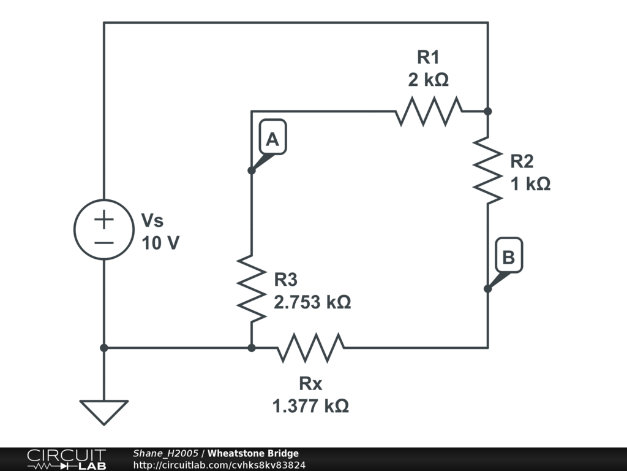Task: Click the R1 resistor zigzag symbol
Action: tap(429, 112)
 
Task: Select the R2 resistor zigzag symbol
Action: tap(488, 170)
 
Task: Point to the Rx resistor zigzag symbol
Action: tap(310, 347)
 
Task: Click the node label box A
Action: tap(272, 140)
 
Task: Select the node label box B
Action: tap(509, 258)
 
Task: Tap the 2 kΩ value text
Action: tap(428, 80)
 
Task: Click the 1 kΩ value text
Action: tap(530, 183)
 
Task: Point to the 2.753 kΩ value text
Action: tap(312, 302)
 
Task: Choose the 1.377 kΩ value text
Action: tap(310, 405)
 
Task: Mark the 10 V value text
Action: tap(160, 243)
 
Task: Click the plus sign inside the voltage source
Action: tap(104, 218)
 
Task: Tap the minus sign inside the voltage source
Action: tap(104, 242)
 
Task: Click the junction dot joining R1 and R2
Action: tap(488, 112)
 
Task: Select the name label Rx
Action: tap(310, 384)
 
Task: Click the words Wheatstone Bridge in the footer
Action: tap(253, 454)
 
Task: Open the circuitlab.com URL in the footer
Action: tap(219, 465)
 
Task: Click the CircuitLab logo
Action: tap(66, 459)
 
